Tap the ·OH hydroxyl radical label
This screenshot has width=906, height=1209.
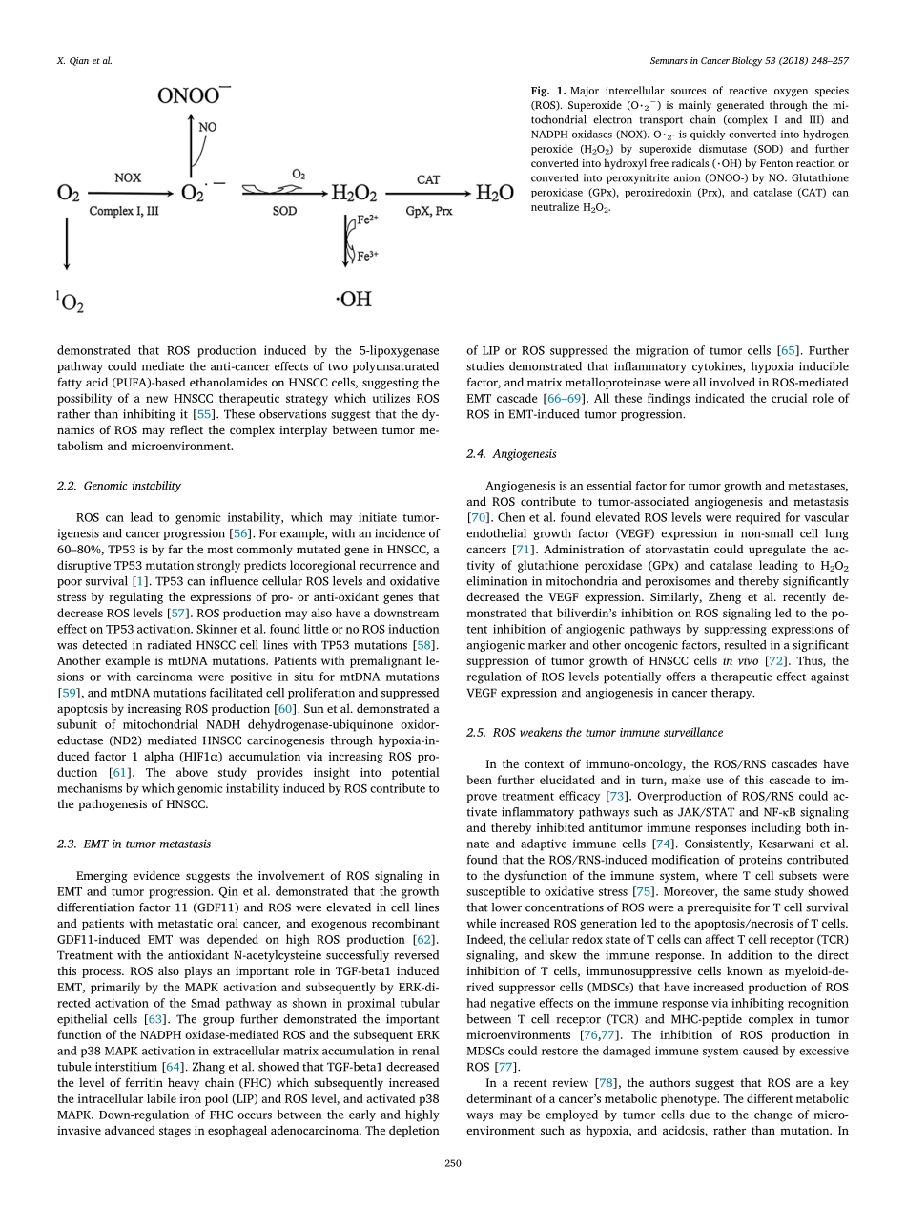(x=352, y=300)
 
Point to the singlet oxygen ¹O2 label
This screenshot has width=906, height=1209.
(x=69, y=304)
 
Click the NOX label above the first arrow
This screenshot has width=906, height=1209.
(x=129, y=177)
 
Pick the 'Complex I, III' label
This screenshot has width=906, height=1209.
(x=125, y=209)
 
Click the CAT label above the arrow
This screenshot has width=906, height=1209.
(x=428, y=177)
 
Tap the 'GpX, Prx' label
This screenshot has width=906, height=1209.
(x=428, y=209)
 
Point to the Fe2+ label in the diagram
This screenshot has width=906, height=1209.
(x=366, y=220)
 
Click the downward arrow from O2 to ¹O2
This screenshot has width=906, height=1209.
(x=68, y=243)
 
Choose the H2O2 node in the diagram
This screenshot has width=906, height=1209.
(x=354, y=194)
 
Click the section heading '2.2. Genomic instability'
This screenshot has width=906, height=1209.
(x=119, y=486)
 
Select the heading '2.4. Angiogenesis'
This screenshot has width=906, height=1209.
(x=511, y=453)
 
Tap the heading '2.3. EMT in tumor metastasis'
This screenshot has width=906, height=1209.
(x=134, y=843)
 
